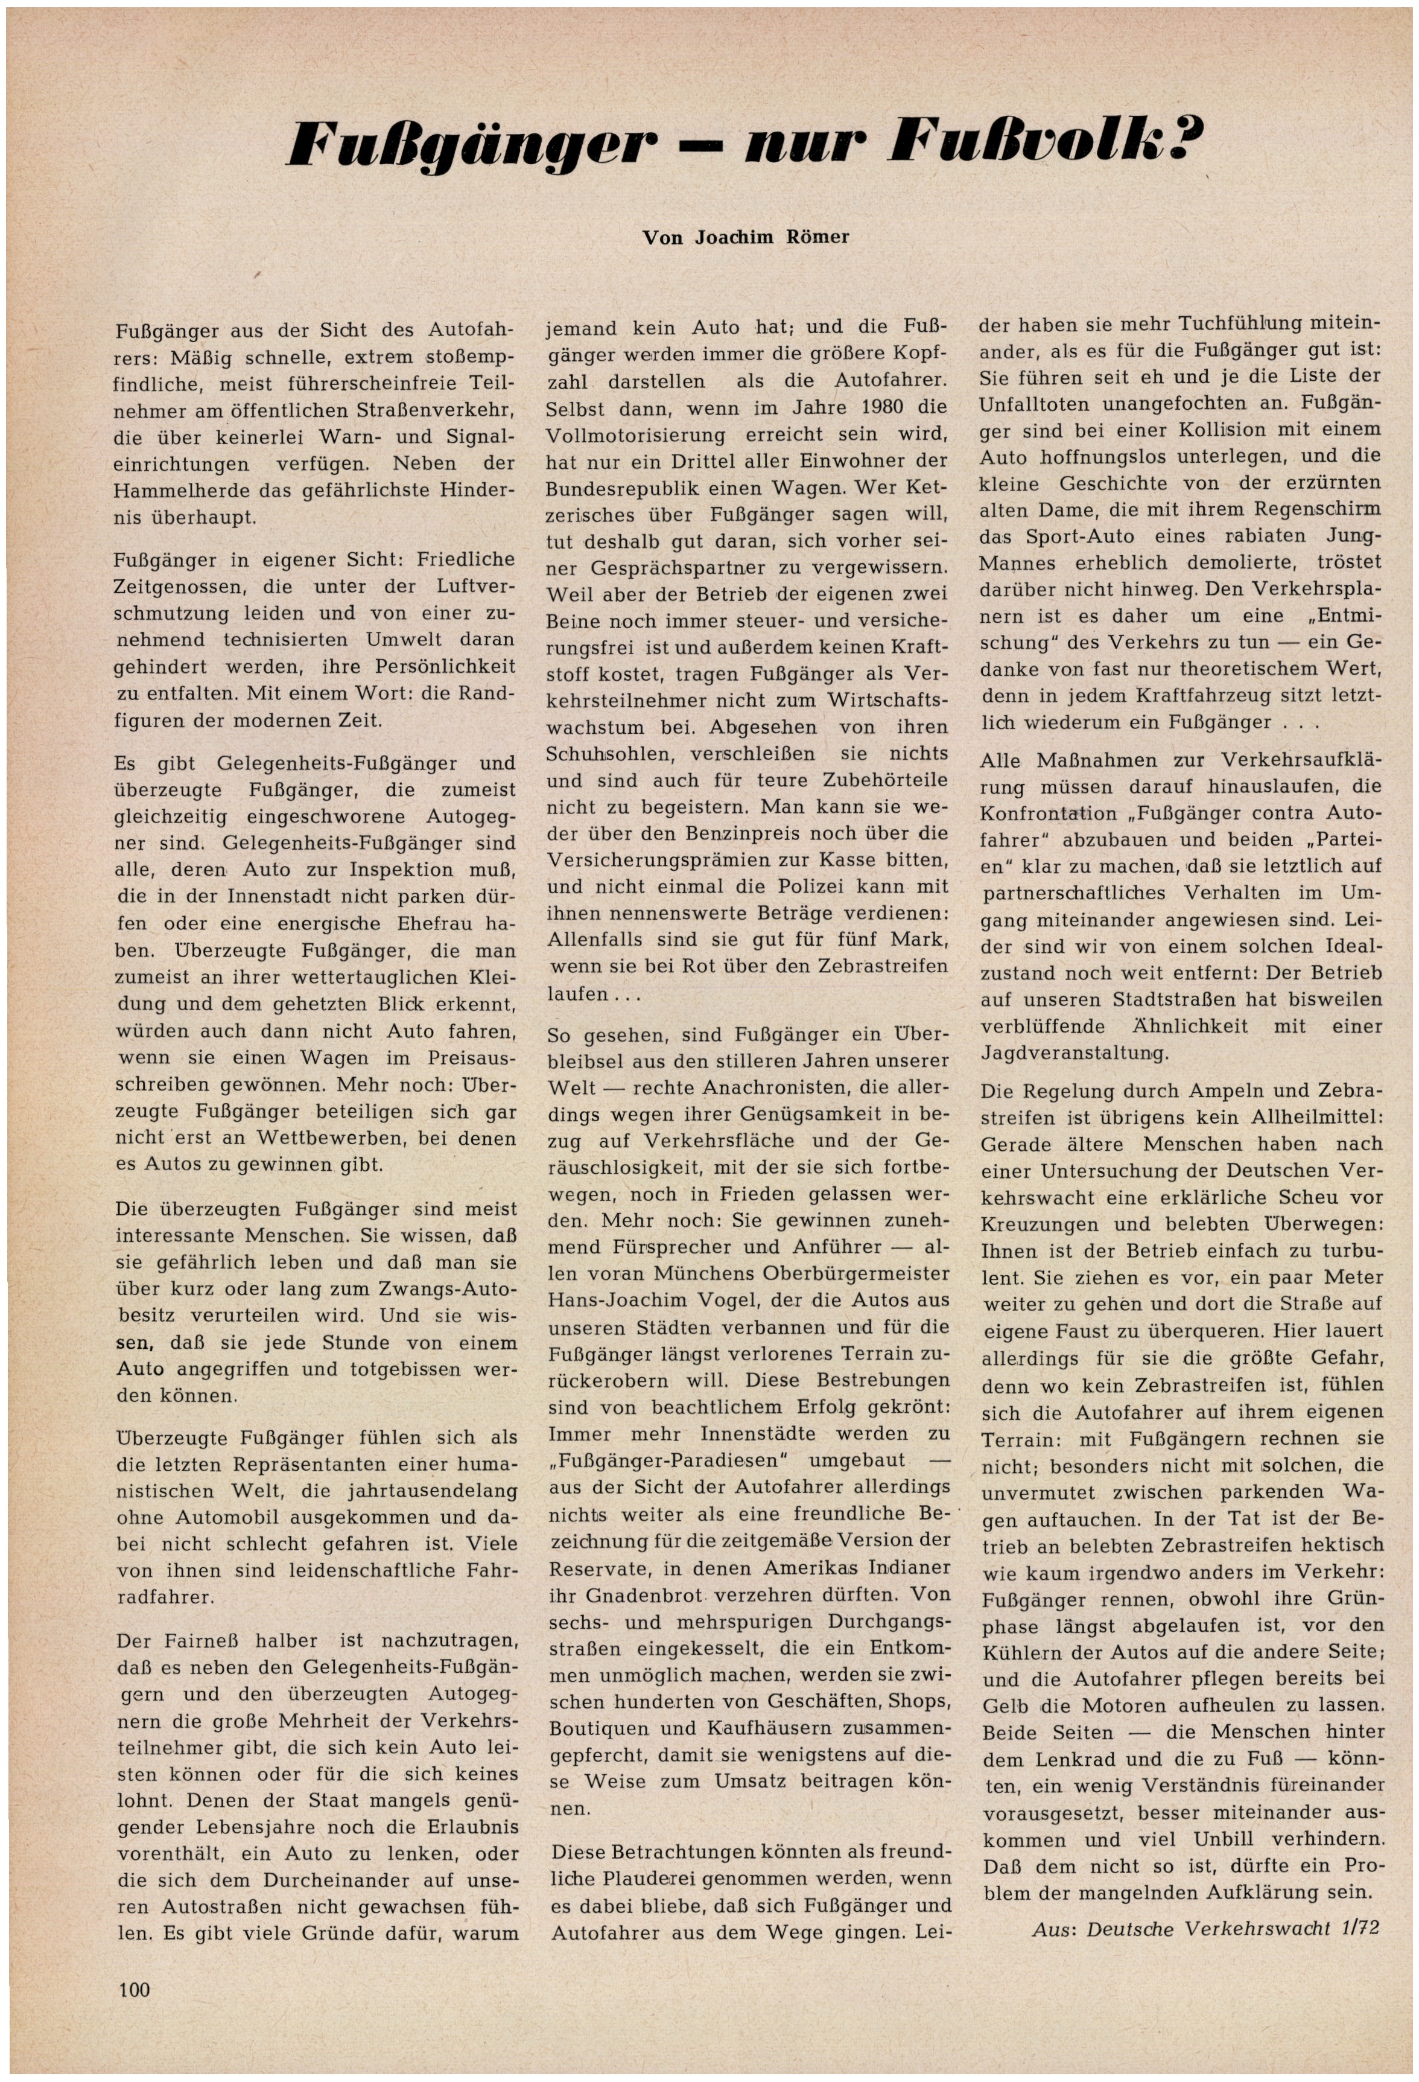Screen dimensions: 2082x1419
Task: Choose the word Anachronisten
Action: (x=778, y=1089)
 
